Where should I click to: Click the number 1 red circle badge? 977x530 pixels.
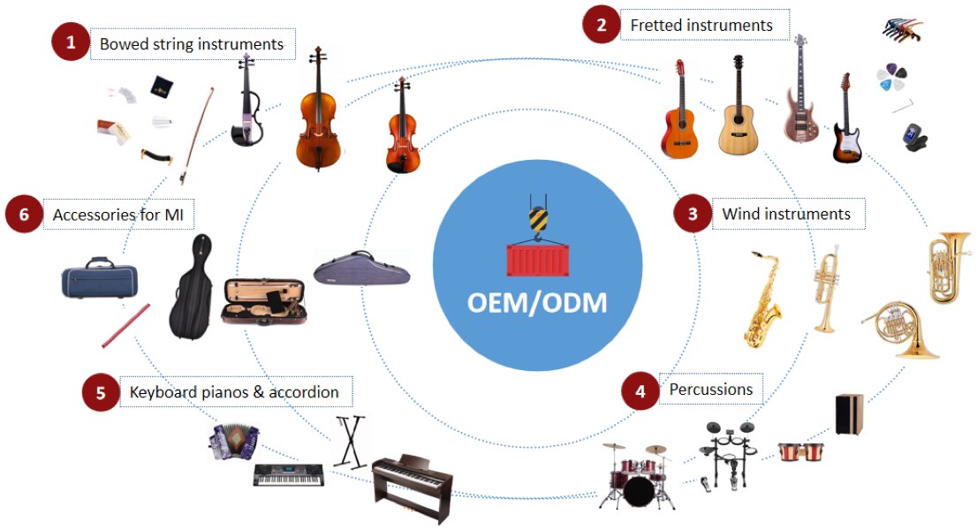point(71,42)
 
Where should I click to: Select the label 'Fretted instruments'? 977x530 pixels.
point(701,26)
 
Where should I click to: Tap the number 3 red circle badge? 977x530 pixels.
point(693,214)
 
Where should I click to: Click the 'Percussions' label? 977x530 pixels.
point(710,390)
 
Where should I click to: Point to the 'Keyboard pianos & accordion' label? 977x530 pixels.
point(234,392)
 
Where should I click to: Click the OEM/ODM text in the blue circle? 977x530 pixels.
point(536,302)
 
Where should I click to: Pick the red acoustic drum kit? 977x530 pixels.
point(636,477)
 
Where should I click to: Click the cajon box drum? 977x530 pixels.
point(850,413)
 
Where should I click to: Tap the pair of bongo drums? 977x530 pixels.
point(800,452)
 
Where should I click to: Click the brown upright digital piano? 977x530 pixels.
point(412,487)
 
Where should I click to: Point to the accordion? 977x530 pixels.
point(234,442)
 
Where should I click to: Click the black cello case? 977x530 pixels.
point(190,287)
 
